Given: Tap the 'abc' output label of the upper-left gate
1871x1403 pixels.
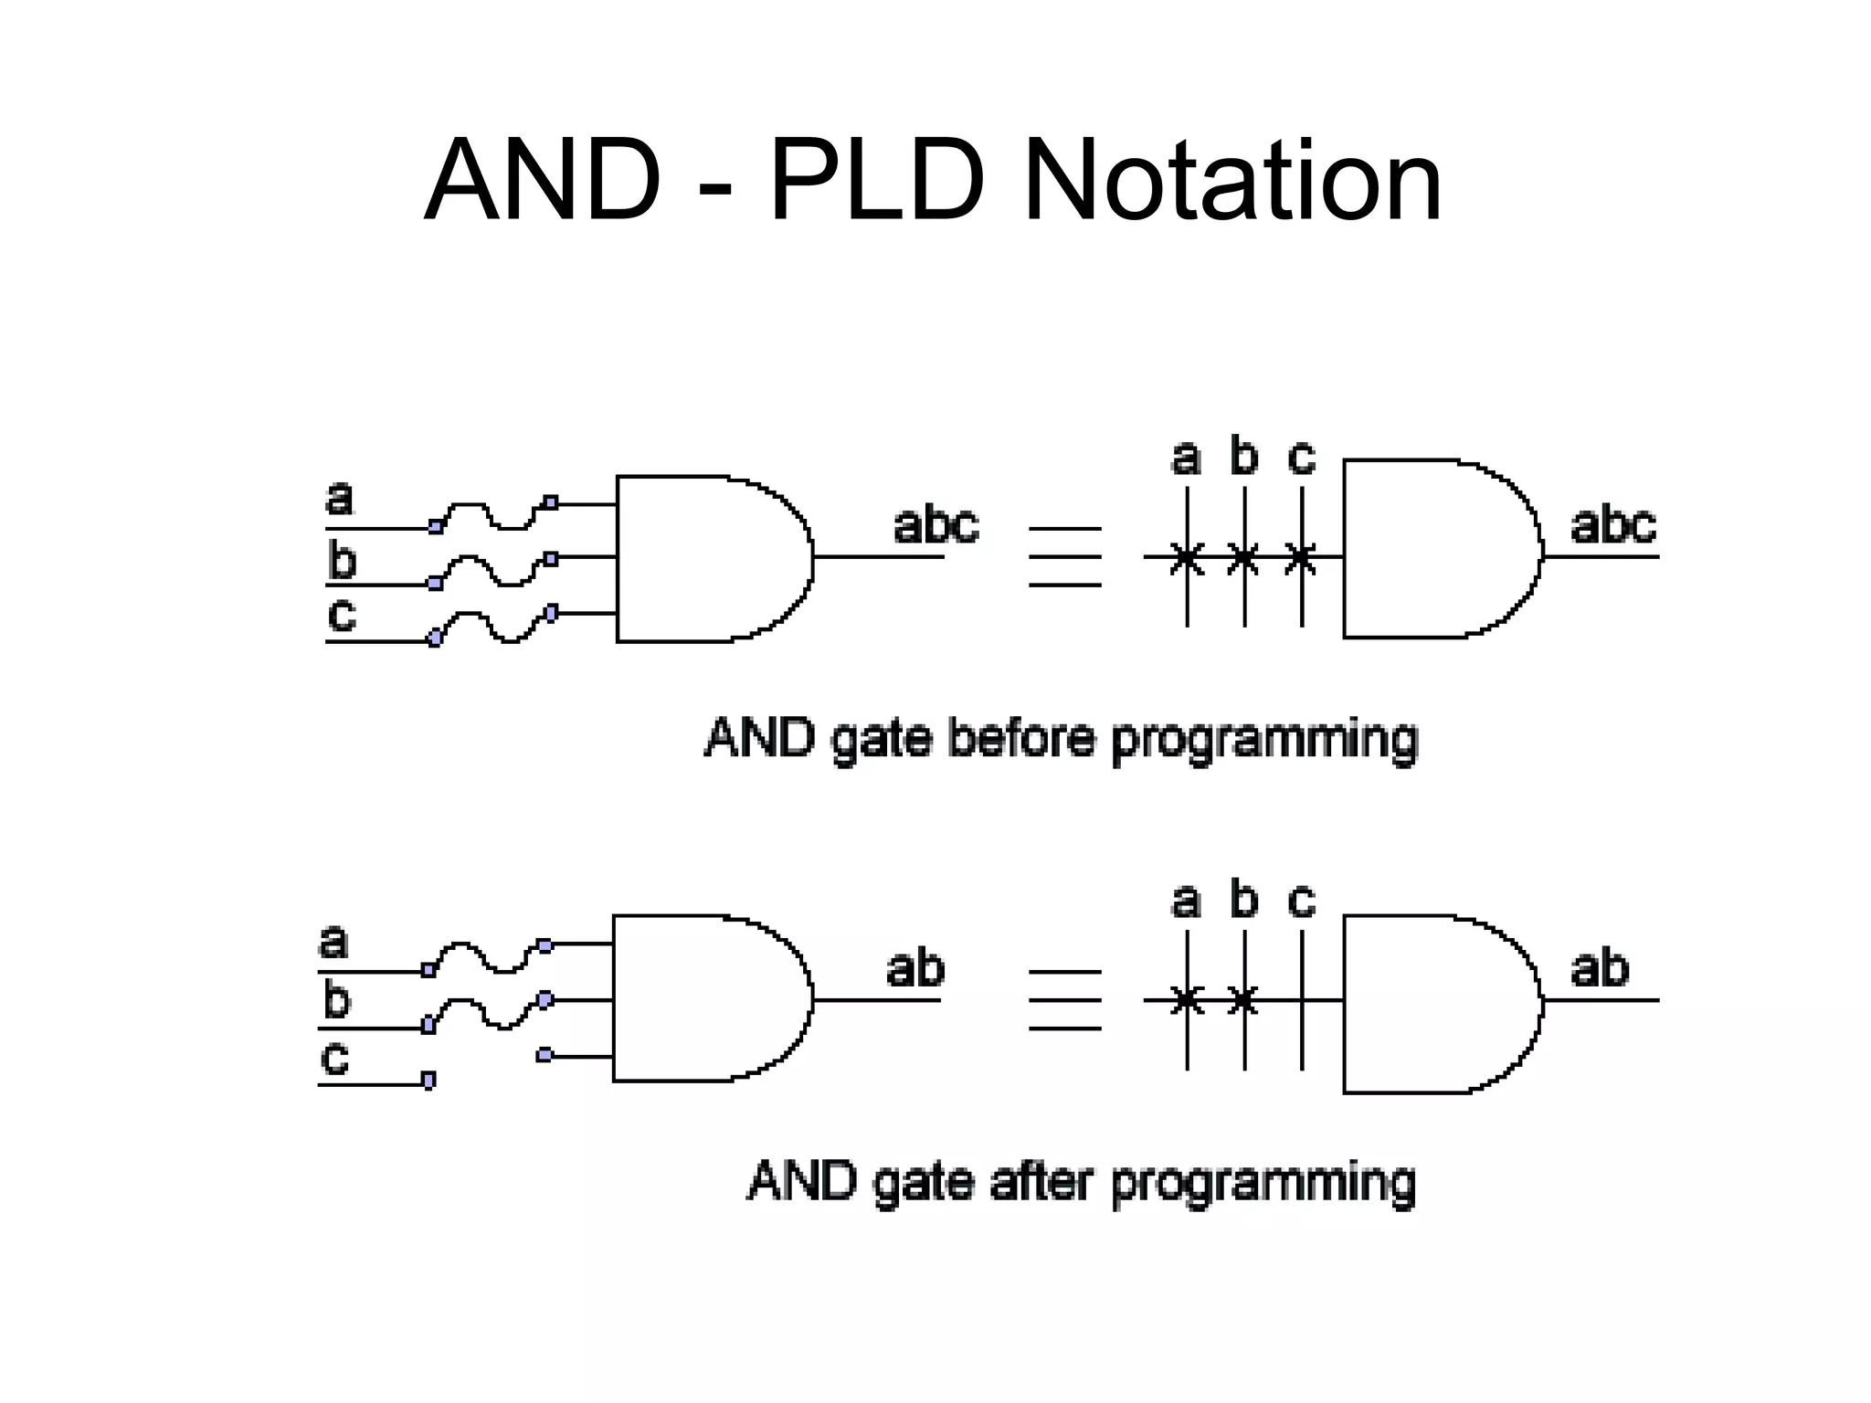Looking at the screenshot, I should [x=935, y=525].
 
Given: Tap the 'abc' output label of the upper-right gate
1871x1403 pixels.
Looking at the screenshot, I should [x=1612, y=525].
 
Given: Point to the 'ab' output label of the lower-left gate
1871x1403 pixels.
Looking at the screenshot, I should [x=914, y=968].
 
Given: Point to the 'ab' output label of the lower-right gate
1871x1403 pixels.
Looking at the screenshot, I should [x=1599, y=968].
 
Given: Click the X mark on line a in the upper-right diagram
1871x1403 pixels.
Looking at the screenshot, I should [x=1187, y=556].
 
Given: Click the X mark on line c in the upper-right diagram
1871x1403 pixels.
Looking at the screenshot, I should [x=1301, y=556].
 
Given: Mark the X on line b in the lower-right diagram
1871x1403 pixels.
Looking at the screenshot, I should [x=1243, y=1000].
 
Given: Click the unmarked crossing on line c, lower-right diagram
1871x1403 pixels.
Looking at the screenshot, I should [x=1301, y=1000].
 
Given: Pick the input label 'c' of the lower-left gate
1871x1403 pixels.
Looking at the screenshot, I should [x=334, y=1057].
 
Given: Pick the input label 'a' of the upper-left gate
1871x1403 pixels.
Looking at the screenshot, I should [x=339, y=499].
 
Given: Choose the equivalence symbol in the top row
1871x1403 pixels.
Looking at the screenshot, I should [x=1064, y=556].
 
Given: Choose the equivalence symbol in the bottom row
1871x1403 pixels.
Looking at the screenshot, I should [x=1064, y=1000].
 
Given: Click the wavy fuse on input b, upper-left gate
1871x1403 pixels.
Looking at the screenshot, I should [x=493, y=570].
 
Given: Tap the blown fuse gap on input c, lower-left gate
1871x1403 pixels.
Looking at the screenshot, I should [x=486, y=1069].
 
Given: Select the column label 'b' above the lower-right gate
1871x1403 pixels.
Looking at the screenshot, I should [x=1243, y=901].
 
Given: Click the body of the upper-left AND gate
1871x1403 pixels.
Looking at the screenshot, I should [x=703, y=558].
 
